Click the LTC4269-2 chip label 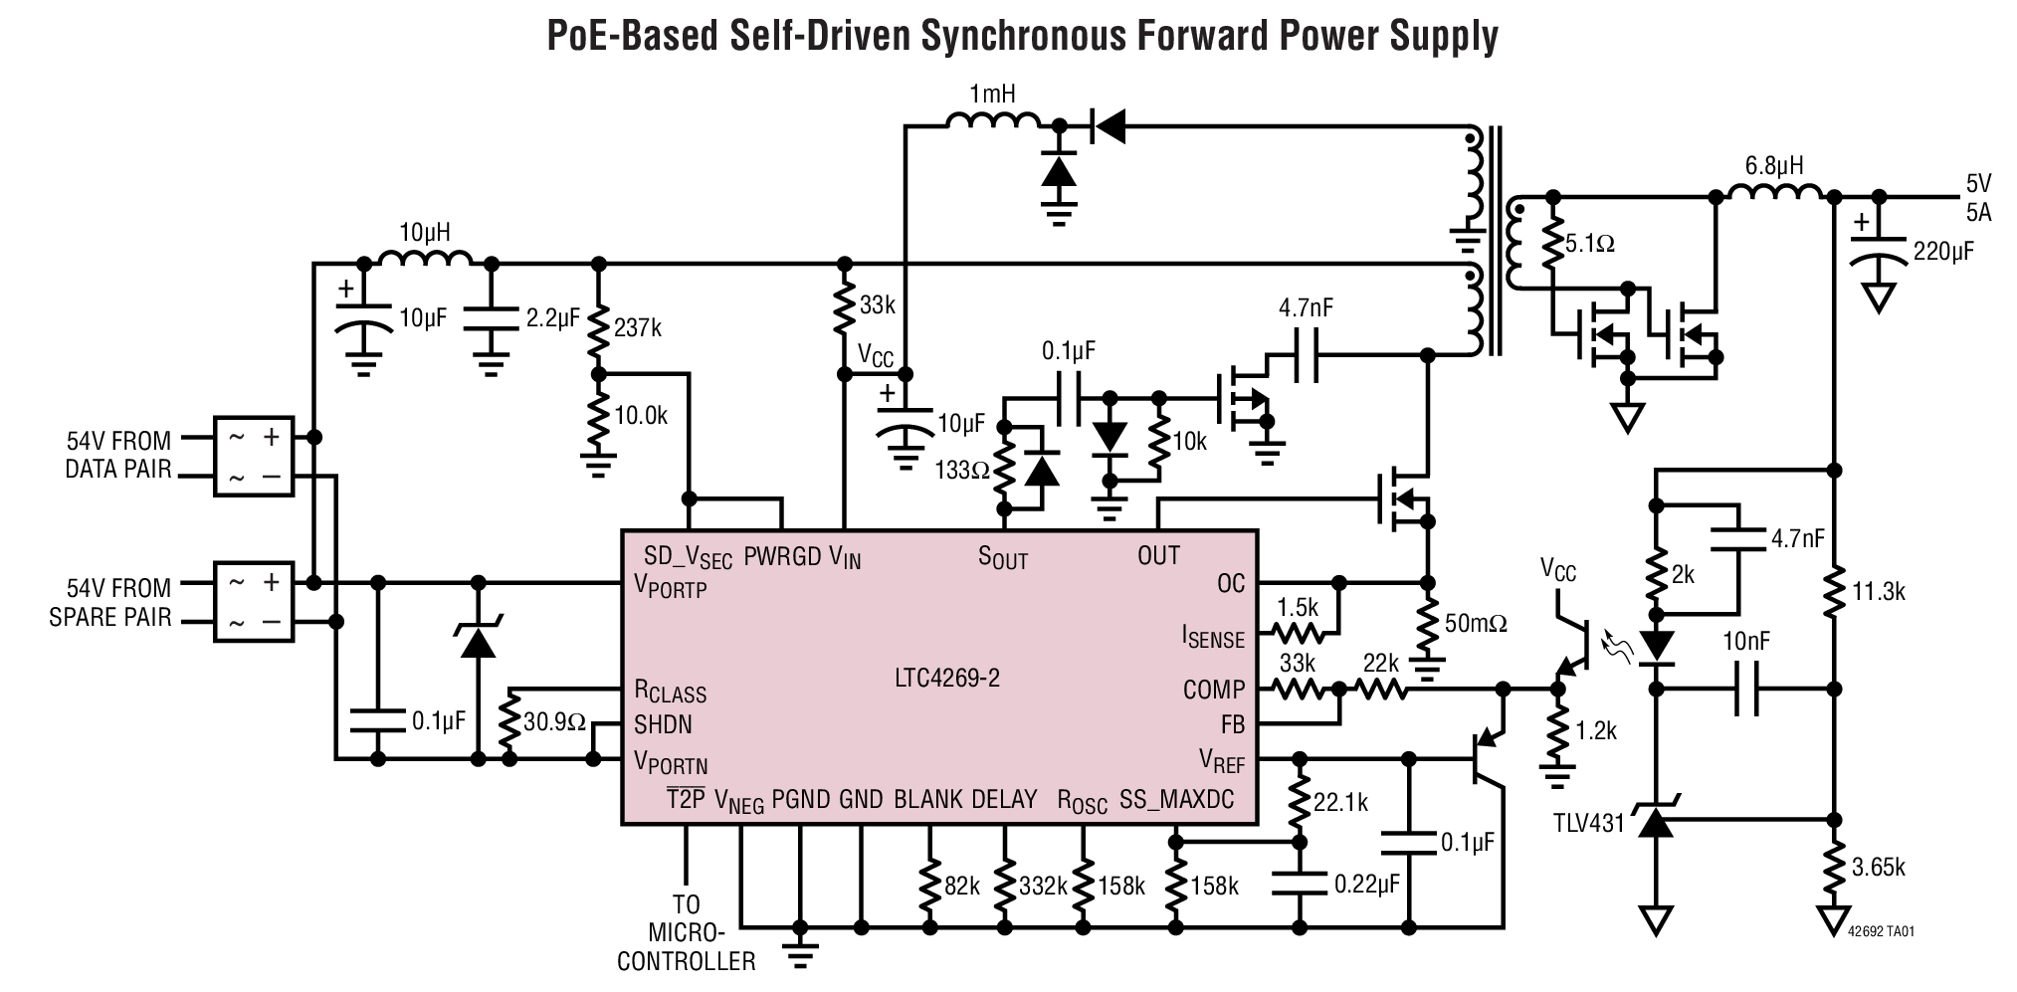tap(946, 679)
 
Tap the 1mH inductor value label tap(992, 96)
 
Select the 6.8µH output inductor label tap(1774, 166)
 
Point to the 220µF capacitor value tap(1943, 252)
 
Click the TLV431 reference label tap(1588, 823)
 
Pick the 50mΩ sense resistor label tap(1476, 624)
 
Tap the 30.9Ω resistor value tap(554, 722)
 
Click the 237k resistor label tap(638, 327)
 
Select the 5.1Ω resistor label tap(1589, 244)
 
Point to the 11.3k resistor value tap(1879, 592)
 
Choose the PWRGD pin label tap(783, 556)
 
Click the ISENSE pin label tap(1213, 637)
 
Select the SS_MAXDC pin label tap(1176, 800)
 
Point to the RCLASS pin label tap(670, 692)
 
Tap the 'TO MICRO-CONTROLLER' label tap(686, 933)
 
